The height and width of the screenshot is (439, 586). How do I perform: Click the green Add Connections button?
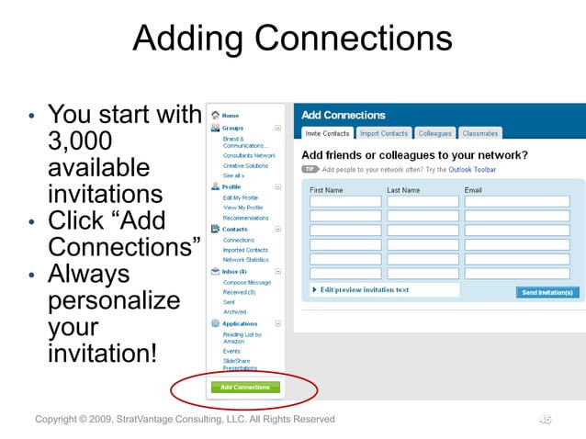[x=245, y=388]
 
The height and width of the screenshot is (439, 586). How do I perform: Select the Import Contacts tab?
[x=383, y=134]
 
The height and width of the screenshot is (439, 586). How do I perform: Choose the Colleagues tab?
[x=435, y=134]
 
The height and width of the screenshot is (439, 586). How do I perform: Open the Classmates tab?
[x=479, y=134]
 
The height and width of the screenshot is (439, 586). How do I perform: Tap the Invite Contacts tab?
[x=327, y=134]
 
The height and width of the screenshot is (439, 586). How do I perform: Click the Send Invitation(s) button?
[x=547, y=292]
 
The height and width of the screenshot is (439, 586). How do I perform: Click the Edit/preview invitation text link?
[x=365, y=290]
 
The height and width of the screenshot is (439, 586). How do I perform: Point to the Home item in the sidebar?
[x=231, y=116]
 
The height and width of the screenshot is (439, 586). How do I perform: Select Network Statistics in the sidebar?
[x=245, y=260]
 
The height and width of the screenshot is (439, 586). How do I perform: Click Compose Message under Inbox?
[x=246, y=282]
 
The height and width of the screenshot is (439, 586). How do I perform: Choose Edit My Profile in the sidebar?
[x=241, y=197]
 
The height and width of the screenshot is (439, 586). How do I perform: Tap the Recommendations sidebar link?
[x=246, y=218]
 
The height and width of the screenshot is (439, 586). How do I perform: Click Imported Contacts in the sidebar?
[x=245, y=250]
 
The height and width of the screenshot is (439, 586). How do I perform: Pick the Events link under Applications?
[x=231, y=351]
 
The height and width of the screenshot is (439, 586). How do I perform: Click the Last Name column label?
[x=403, y=190]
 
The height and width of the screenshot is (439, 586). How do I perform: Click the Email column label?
[x=473, y=190]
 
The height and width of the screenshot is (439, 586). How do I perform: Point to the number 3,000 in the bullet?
[x=80, y=141]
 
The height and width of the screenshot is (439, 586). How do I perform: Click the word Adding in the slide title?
[x=187, y=39]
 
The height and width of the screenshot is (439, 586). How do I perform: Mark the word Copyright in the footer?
[x=62, y=420]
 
